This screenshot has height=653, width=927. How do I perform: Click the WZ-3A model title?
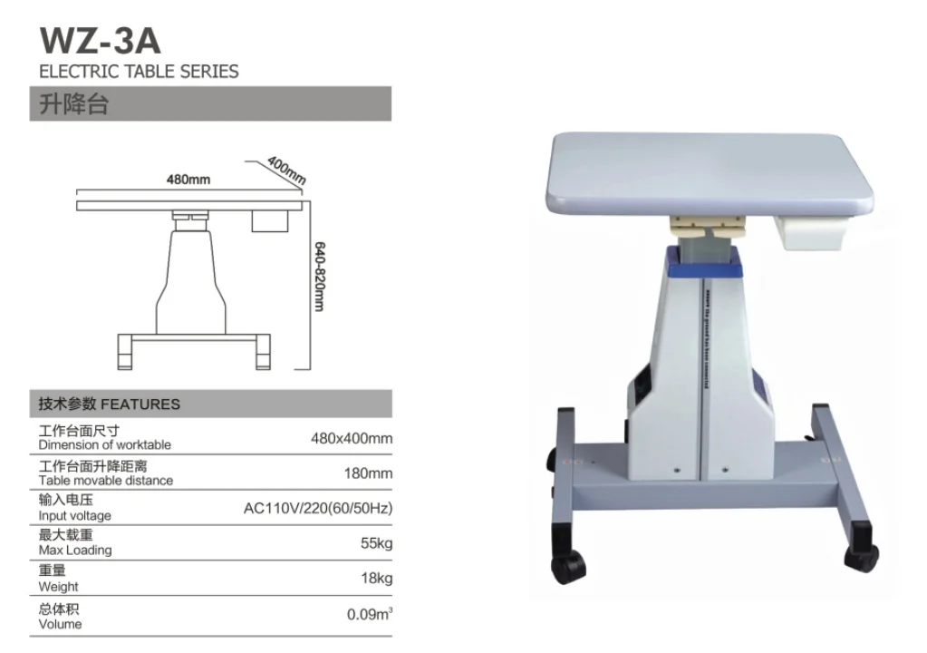coord(100,42)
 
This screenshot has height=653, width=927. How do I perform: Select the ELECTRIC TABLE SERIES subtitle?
coord(139,71)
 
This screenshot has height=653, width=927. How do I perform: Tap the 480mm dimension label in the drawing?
coord(188,180)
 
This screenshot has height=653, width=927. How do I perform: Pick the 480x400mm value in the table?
coord(352,438)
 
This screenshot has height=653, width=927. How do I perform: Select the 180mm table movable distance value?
coord(368,473)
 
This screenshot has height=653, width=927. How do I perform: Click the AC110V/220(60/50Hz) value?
coord(318,508)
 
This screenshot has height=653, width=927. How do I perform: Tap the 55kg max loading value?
coord(376,542)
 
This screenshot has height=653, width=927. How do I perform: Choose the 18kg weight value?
coord(376,578)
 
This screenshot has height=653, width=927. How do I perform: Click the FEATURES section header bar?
coord(214,404)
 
